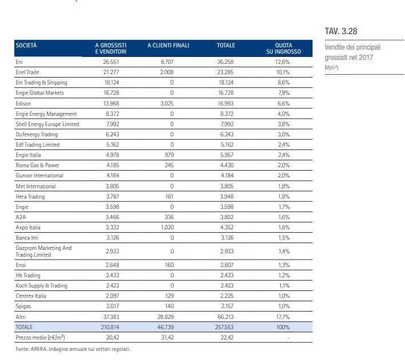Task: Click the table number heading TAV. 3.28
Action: (x=341, y=31)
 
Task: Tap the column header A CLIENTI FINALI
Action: (x=168, y=45)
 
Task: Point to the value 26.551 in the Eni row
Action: (x=110, y=62)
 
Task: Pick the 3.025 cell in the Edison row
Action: (x=168, y=103)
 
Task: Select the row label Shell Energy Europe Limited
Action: (x=47, y=124)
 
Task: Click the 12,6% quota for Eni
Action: (x=283, y=62)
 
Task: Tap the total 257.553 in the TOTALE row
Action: (x=226, y=327)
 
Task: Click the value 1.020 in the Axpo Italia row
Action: (x=168, y=227)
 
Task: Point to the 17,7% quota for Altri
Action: (x=283, y=317)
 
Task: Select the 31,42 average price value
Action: (x=168, y=337)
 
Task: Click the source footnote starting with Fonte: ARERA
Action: (x=73, y=349)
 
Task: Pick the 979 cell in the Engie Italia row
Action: (x=168, y=155)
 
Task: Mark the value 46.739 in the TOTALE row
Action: (x=168, y=327)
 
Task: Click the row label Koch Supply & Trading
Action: (x=41, y=286)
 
